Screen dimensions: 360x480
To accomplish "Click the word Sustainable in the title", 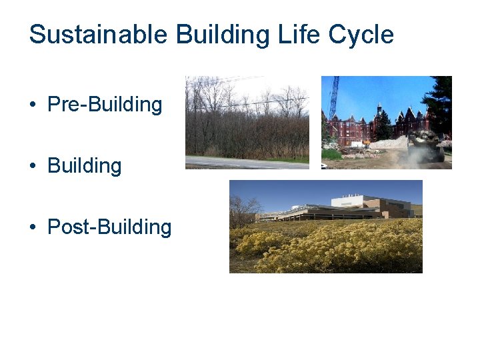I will pos(99,35).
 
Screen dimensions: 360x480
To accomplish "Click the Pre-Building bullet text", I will pos(105,105).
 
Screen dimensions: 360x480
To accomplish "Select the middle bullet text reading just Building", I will pos(85,166).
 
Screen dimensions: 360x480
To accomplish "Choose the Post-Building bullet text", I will pos(109,227).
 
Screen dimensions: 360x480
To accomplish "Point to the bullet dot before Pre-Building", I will pos(33,105).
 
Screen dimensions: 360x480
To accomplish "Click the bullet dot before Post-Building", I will pos(33,228).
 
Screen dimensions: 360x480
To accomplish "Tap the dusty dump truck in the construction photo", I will pos(427,145).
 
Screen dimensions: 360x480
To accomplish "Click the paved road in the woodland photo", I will pos(247,163).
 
